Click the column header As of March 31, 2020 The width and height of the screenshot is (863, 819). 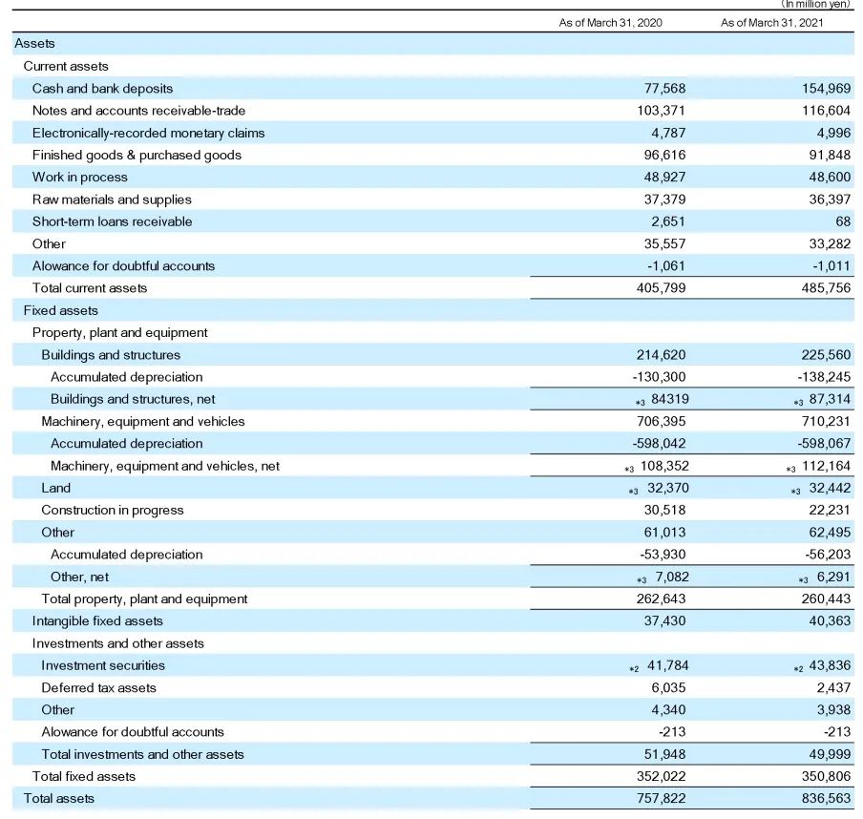point(610,22)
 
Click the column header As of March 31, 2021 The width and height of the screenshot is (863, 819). point(772,22)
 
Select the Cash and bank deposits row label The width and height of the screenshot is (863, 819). point(102,89)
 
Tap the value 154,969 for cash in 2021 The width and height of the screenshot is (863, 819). point(826,89)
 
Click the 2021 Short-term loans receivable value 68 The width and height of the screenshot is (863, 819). point(842,221)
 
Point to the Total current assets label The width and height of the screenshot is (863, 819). point(90,288)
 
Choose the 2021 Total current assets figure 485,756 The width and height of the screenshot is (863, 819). point(826,288)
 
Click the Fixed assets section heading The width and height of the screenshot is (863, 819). point(61,310)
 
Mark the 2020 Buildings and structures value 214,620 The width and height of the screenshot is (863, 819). point(661,355)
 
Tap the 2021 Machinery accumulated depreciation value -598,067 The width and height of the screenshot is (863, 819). point(822,444)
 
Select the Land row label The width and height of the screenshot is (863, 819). point(55,488)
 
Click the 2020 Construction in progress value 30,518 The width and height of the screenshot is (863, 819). point(664,511)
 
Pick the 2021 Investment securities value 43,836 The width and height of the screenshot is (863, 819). point(830,665)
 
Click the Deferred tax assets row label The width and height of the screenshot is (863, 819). point(98,688)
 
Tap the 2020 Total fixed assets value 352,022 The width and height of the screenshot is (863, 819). point(661,777)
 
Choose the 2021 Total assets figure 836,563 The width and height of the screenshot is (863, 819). point(826,799)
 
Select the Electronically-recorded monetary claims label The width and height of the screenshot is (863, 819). point(148,133)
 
